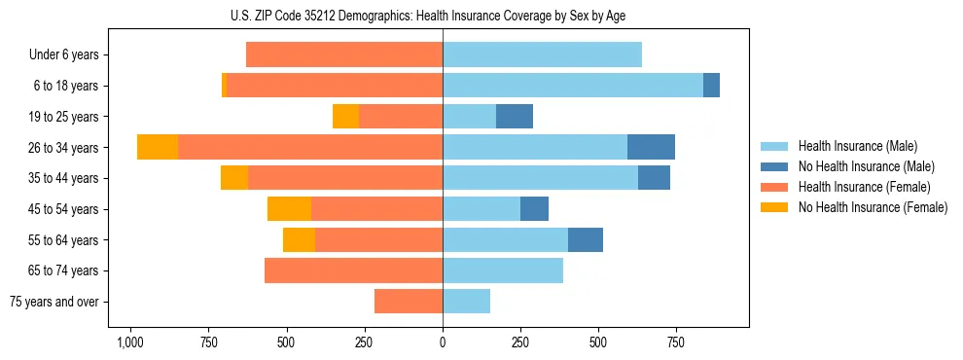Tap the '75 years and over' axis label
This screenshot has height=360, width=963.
(54, 302)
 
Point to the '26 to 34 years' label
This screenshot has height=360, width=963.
(65, 148)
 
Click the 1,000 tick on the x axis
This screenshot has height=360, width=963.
(129, 342)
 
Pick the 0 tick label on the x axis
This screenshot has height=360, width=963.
(443, 342)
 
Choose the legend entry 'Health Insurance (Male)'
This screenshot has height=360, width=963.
(857, 146)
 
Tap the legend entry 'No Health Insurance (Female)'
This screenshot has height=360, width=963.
(873, 207)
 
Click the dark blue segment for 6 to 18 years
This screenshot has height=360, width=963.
(711, 86)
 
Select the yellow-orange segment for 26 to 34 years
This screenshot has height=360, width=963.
(158, 147)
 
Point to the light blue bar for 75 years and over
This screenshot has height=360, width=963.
(466, 302)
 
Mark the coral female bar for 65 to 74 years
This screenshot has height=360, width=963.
(353, 270)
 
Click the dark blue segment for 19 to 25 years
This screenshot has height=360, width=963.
(515, 117)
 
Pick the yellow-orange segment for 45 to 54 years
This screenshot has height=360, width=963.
(289, 209)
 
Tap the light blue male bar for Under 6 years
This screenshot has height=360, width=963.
(542, 55)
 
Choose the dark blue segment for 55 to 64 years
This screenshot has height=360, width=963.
(586, 239)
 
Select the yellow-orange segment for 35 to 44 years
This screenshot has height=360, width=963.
(234, 178)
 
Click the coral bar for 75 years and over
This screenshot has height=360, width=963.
(409, 302)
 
